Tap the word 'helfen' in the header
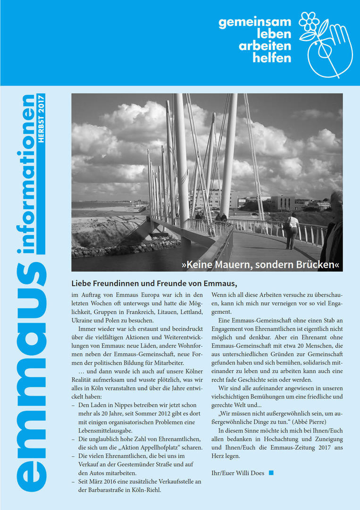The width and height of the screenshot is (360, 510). pyautogui.click(x=272, y=58)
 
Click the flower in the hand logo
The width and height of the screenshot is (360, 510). pyautogui.click(x=309, y=21)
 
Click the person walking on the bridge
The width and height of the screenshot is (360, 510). pyautogui.click(x=293, y=230)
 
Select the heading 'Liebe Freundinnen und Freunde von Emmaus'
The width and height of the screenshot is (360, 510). pyautogui.click(x=154, y=283)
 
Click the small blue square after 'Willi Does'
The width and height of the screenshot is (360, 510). pyautogui.click(x=271, y=473)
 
